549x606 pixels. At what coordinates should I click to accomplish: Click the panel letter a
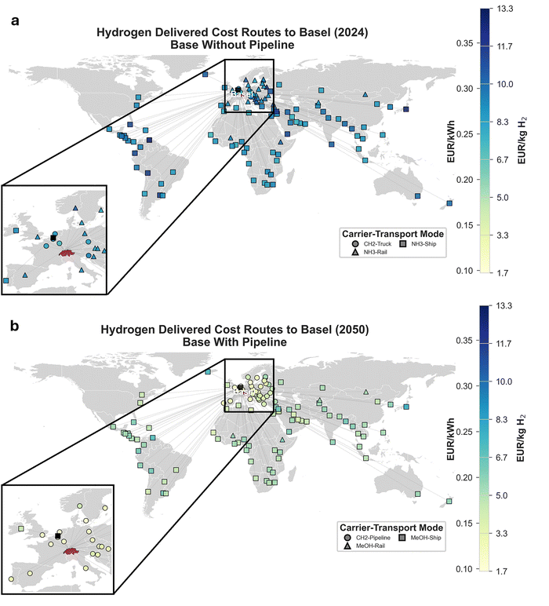point(14,21)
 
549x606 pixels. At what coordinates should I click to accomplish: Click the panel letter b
point(14,322)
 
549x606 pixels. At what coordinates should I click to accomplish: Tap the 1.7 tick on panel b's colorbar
point(504,568)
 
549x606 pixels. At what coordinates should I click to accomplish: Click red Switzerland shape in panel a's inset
point(68,252)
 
